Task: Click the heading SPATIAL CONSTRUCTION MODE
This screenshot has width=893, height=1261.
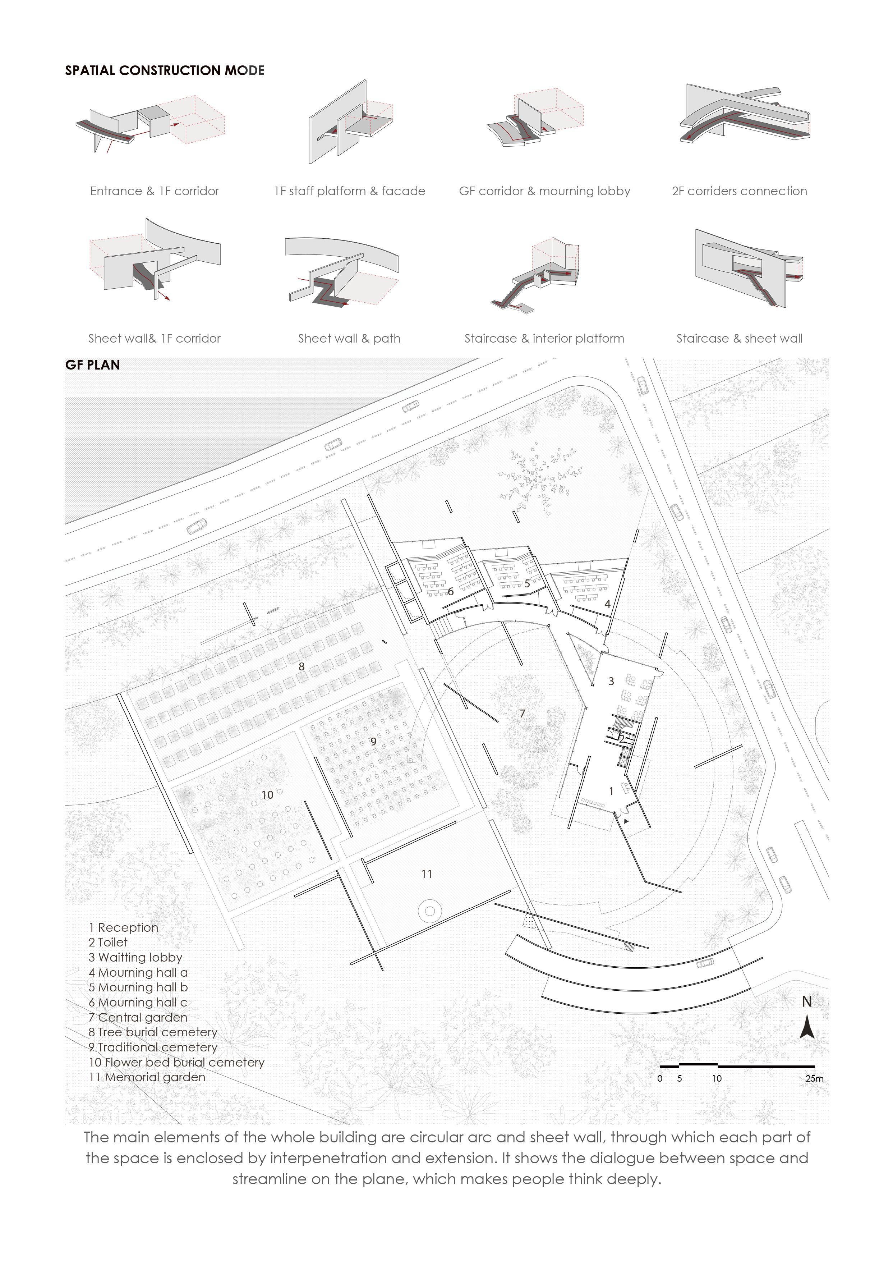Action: (x=165, y=70)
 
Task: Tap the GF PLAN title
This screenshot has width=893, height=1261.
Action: (x=92, y=364)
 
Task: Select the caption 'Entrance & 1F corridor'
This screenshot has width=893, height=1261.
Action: (x=155, y=191)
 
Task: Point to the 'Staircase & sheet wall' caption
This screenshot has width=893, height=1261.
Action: (x=739, y=338)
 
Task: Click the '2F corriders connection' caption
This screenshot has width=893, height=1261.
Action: (x=739, y=191)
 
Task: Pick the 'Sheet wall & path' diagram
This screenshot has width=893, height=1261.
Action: (x=342, y=272)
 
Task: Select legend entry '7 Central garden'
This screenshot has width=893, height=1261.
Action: (x=138, y=1017)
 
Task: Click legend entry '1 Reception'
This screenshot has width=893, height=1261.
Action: (x=123, y=927)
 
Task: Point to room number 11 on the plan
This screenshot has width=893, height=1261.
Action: (x=427, y=873)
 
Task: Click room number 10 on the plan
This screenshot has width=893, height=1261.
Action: (x=267, y=795)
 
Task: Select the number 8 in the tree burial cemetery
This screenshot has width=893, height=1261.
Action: (x=301, y=666)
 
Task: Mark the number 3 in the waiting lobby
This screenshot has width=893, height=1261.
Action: (x=611, y=682)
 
